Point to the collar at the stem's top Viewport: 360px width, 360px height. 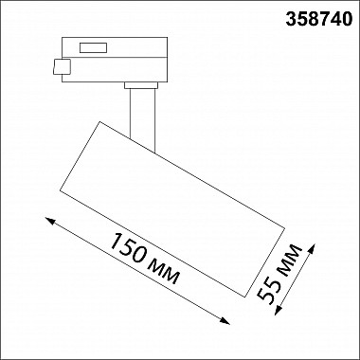139,86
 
